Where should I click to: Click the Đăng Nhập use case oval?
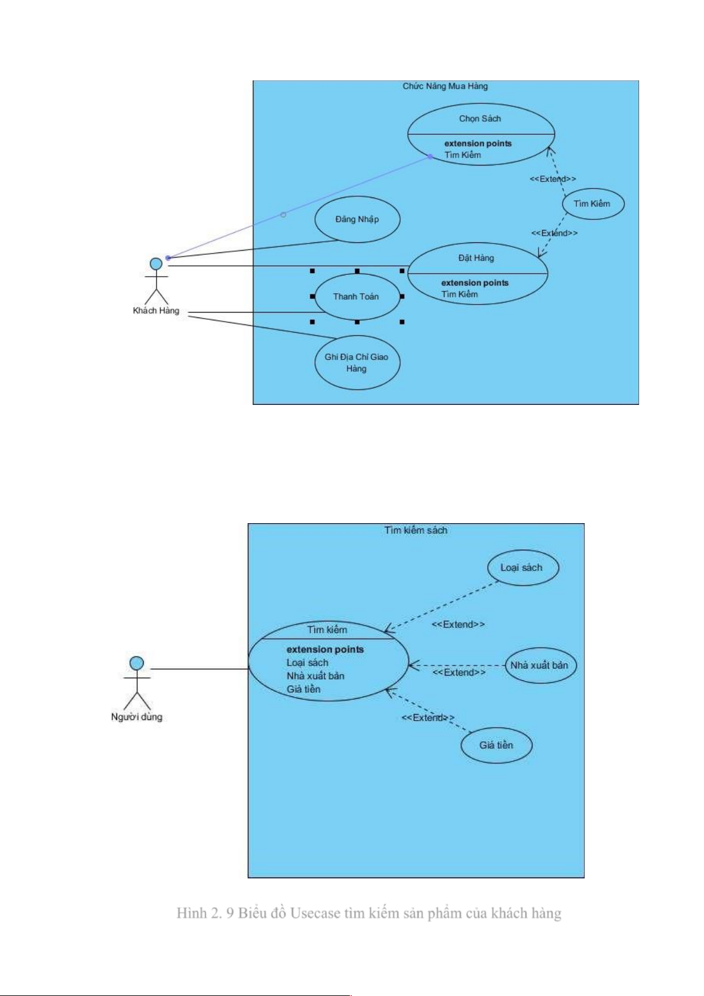(357, 219)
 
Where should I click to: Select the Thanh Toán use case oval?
(356, 297)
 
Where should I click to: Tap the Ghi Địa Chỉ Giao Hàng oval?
(357, 363)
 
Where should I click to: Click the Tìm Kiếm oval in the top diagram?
(592, 204)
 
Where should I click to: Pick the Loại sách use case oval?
(523, 568)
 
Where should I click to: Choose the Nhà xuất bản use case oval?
(540, 666)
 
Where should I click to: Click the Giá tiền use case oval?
(497, 745)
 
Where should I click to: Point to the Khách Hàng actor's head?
(156, 264)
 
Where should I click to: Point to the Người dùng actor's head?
(137, 663)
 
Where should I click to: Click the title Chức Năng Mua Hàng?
(445, 86)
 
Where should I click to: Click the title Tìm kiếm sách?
(416, 530)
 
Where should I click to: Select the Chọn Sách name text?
(480, 119)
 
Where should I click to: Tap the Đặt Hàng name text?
(476, 258)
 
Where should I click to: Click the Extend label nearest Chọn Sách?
(553, 179)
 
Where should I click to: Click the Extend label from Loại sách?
(458, 625)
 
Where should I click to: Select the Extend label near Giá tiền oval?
(427, 718)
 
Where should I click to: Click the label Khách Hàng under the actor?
(156, 311)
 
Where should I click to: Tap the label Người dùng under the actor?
(137, 717)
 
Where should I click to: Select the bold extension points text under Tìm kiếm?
(325, 650)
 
